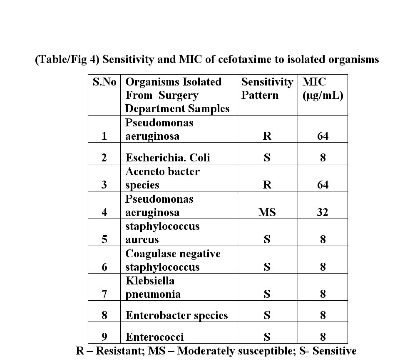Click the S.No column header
click(x=104, y=82)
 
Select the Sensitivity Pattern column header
click(x=267, y=88)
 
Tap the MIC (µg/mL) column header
click(x=323, y=88)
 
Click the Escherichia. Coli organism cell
click(x=168, y=158)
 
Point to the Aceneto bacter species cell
click(x=162, y=178)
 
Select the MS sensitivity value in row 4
click(x=267, y=212)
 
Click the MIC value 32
click(x=323, y=212)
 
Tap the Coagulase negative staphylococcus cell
click(x=173, y=260)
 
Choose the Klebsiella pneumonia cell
click(x=153, y=287)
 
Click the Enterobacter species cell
click(x=176, y=315)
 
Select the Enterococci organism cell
click(x=154, y=337)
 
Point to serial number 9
click(x=104, y=337)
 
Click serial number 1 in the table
click(x=104, y=136)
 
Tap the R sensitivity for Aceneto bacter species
click(x=267, y=185)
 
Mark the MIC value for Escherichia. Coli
click(x=323, y=158)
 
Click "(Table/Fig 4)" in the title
click(x=67, y=60)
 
